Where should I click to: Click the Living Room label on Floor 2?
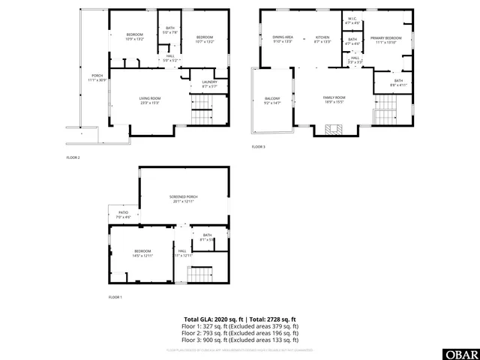point(150,100)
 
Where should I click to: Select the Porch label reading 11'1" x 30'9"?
point(97,76)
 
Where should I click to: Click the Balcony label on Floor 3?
point(271,100)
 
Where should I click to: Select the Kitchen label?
point(322,38)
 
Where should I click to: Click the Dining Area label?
point(282,38)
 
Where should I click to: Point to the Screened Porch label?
point(183,199)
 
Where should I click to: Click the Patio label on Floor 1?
point(124,214)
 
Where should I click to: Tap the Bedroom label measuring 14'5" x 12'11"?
point(142,253)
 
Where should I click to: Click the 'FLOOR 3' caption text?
point(258,146)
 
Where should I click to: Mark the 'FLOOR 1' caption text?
point(115,298)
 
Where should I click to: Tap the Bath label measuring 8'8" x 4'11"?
point(398,82)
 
